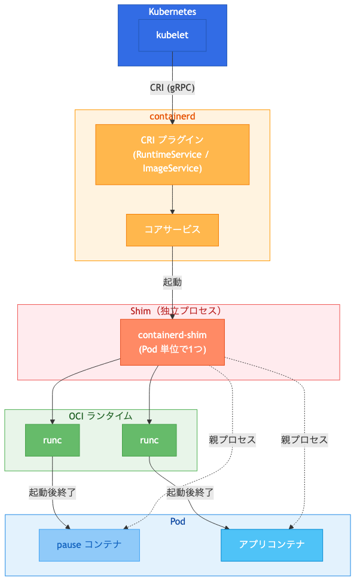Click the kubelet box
(x=172, y=35)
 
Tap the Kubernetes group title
(x=172, y=12)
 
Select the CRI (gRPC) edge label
(x=172, y=87)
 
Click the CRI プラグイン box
(x=172, y=154)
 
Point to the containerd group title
(x=172, y=116)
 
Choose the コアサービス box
(x=172, y=229)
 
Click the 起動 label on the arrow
(x=172, y=281)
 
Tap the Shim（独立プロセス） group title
(x=178, y=311)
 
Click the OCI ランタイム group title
(x=100, y=416)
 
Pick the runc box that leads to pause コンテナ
(x=53, y=440)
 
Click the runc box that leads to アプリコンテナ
(x=149, y=440)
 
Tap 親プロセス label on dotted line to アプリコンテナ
(x=304, y=440)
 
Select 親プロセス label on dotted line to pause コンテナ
(x=232, y=440)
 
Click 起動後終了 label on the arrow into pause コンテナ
(x=53, y=493)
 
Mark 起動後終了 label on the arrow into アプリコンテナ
(x=190, y=493)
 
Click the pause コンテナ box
(x=89, y=545)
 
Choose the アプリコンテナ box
(x=271, y=545)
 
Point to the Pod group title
(x=178, y=521)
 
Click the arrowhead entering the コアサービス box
(x=172, y=211)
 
